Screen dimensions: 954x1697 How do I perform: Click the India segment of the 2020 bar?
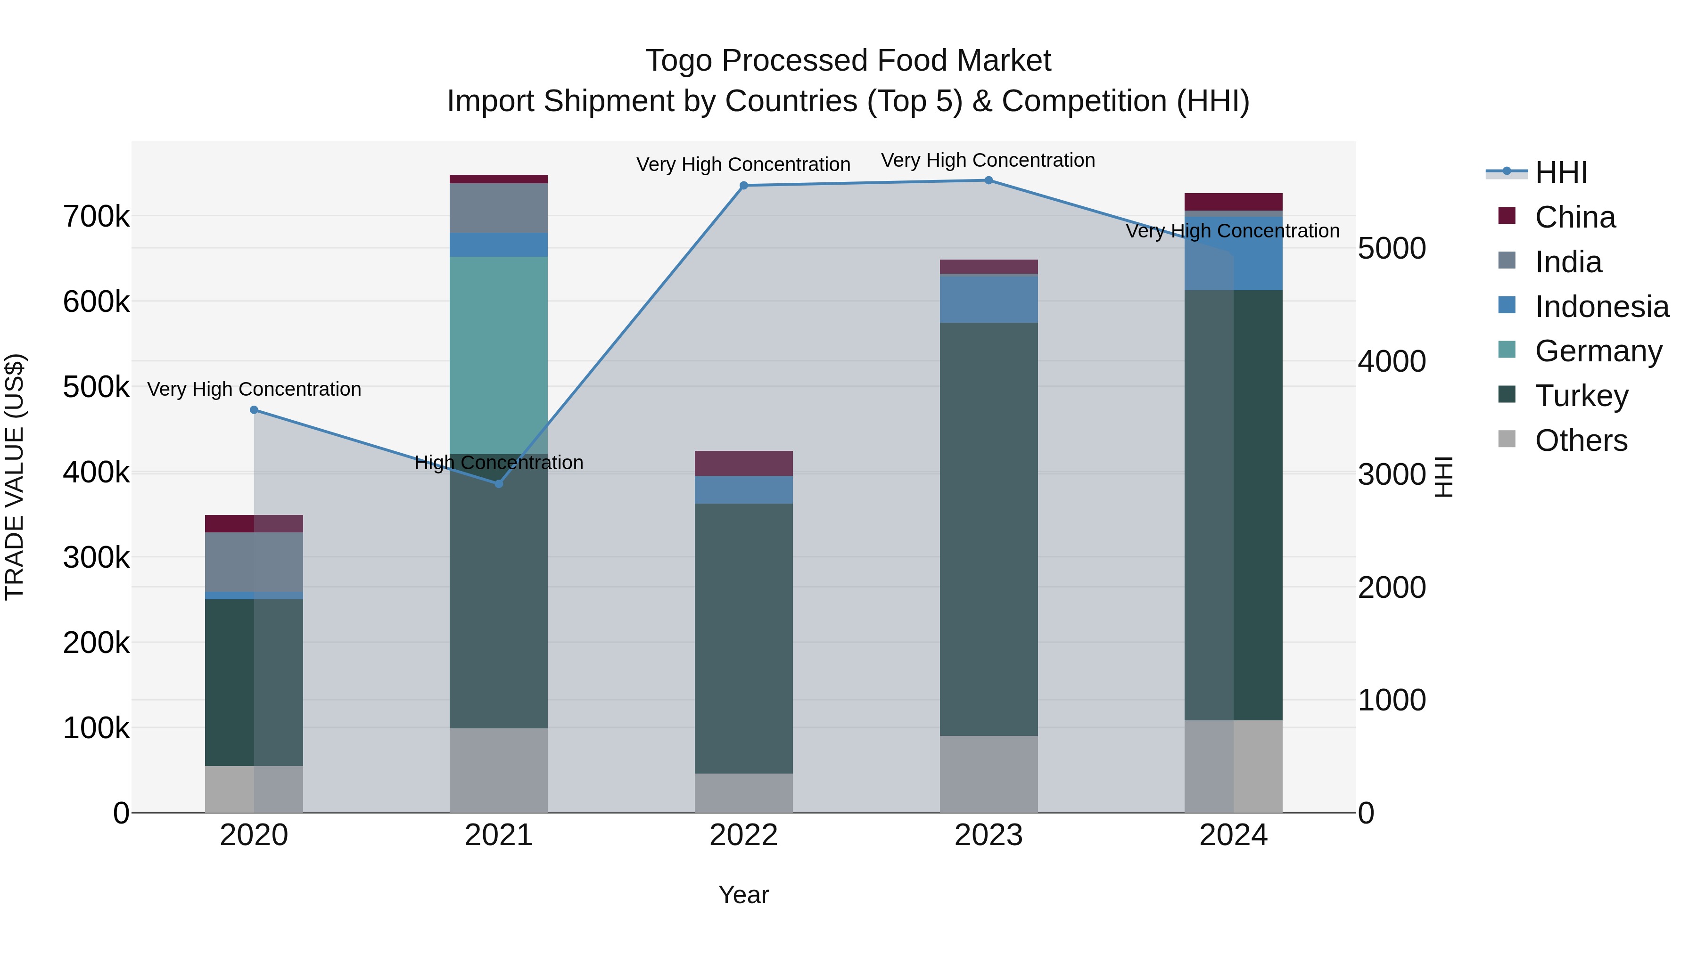pos(254,562)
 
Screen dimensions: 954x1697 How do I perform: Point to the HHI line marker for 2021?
pos(498,484)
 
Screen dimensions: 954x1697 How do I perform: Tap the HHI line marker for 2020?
pos(254,410)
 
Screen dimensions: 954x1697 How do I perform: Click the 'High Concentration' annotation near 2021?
pos(498,463)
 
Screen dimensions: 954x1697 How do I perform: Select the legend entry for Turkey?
pos(1581,396)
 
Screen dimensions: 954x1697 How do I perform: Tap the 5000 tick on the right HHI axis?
pos(1392,248)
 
